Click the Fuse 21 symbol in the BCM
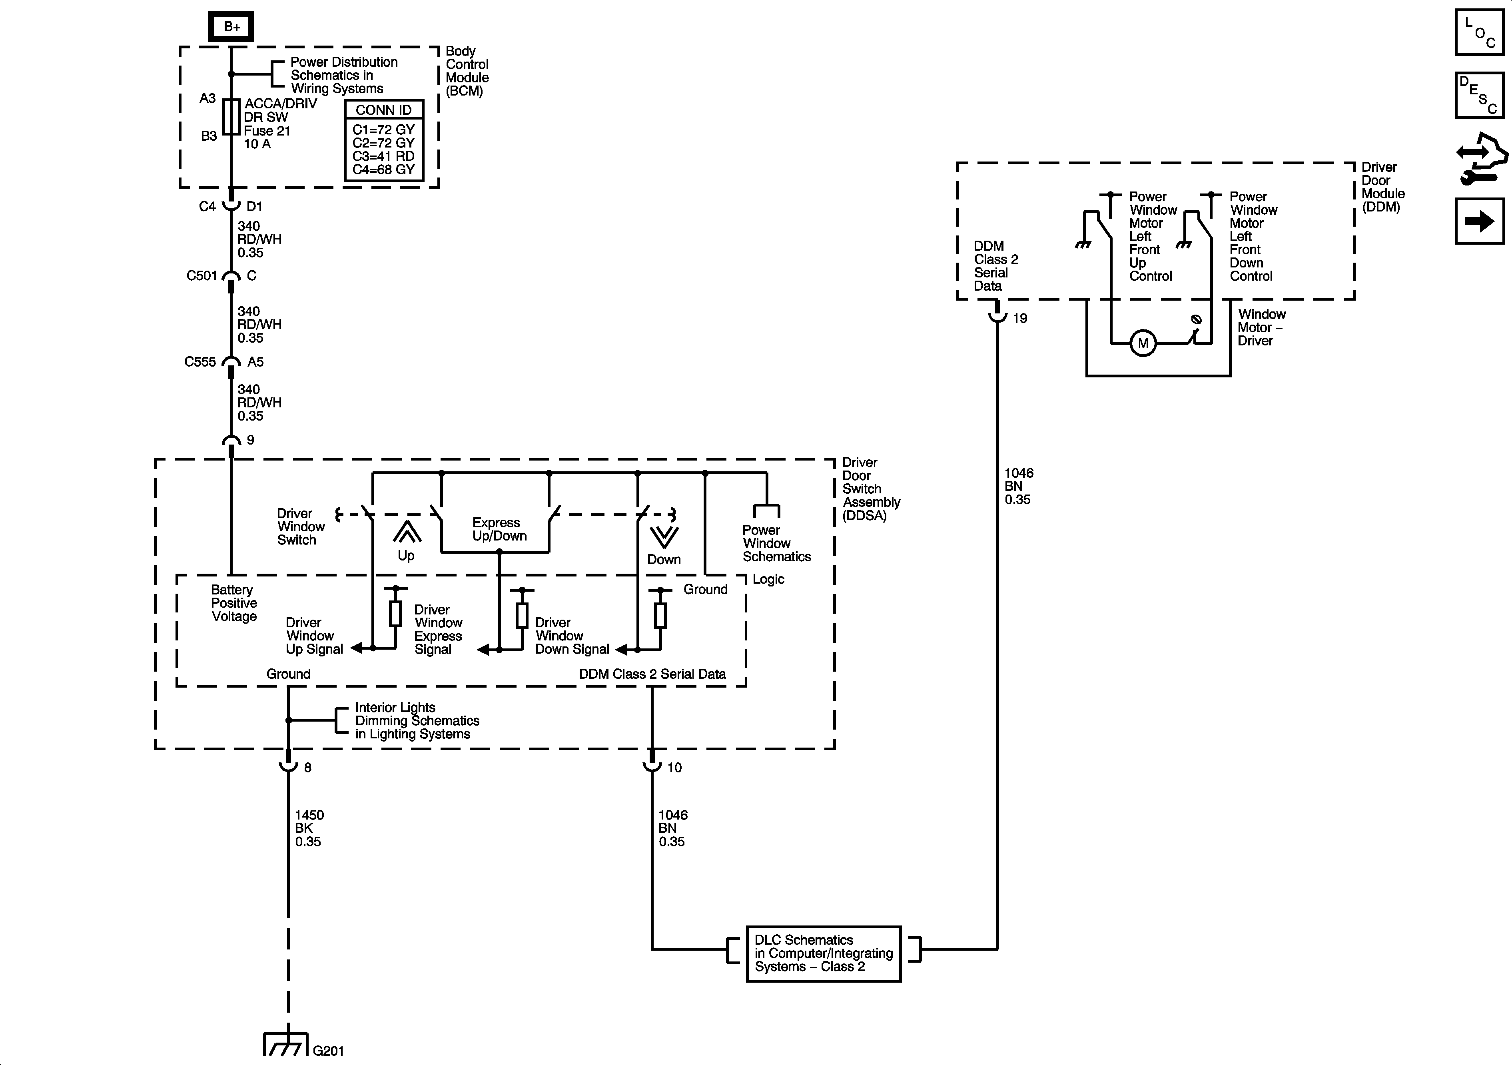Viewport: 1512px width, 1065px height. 231,117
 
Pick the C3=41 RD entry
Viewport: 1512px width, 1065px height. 383,156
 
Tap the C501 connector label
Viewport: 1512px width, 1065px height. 201,275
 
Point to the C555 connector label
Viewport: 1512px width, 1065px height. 200,361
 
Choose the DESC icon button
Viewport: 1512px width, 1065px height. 1479,95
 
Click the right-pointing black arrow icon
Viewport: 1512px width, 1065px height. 1479,221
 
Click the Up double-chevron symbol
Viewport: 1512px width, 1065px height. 407,532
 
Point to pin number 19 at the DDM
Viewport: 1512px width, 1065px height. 1019,319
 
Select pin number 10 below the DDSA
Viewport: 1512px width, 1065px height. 674,767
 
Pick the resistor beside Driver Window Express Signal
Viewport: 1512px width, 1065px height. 522,614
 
